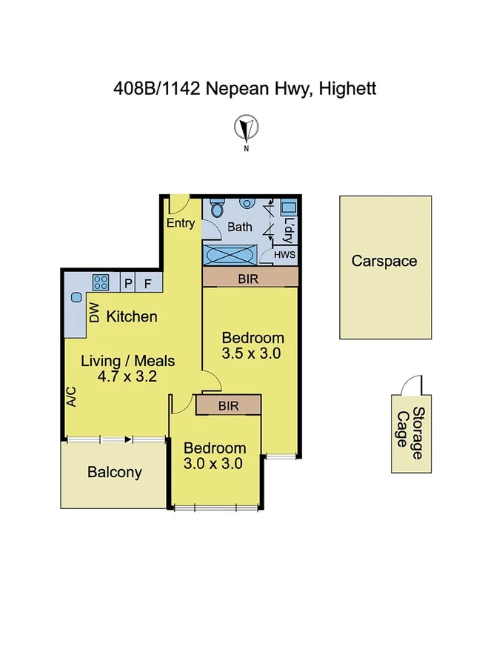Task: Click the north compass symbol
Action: click(247, 129)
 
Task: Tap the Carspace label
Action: click(384, 261)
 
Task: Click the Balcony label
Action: click(115, 472)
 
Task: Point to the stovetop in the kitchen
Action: click(101, 282)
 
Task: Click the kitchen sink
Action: click(76, 297)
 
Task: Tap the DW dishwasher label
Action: click(94, 314)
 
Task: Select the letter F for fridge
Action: click(148, 282)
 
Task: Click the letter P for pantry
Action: click(127, 282)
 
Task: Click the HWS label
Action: click(284, 255)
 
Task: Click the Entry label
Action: click(181, 223)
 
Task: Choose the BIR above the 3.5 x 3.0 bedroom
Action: click(250, 276)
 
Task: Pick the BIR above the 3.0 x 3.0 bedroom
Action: click(228, 405)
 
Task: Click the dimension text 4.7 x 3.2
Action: click(127, 376)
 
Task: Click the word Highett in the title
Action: click(349, 89)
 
